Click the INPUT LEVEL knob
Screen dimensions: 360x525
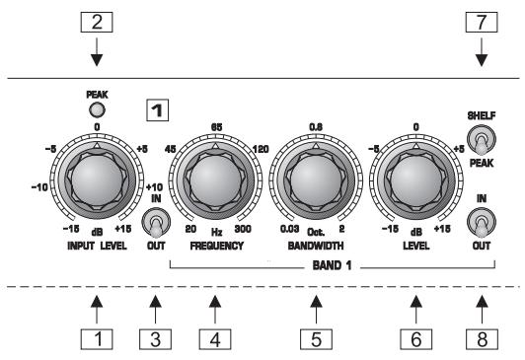(97, 177)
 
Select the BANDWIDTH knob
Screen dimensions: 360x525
(313, 177)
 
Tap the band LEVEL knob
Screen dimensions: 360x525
(414, 177)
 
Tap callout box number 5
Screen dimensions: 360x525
(313, 340)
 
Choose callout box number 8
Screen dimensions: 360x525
(481, 340)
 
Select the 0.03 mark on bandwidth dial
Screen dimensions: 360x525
(288, 229)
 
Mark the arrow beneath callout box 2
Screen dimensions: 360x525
(97, 49)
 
